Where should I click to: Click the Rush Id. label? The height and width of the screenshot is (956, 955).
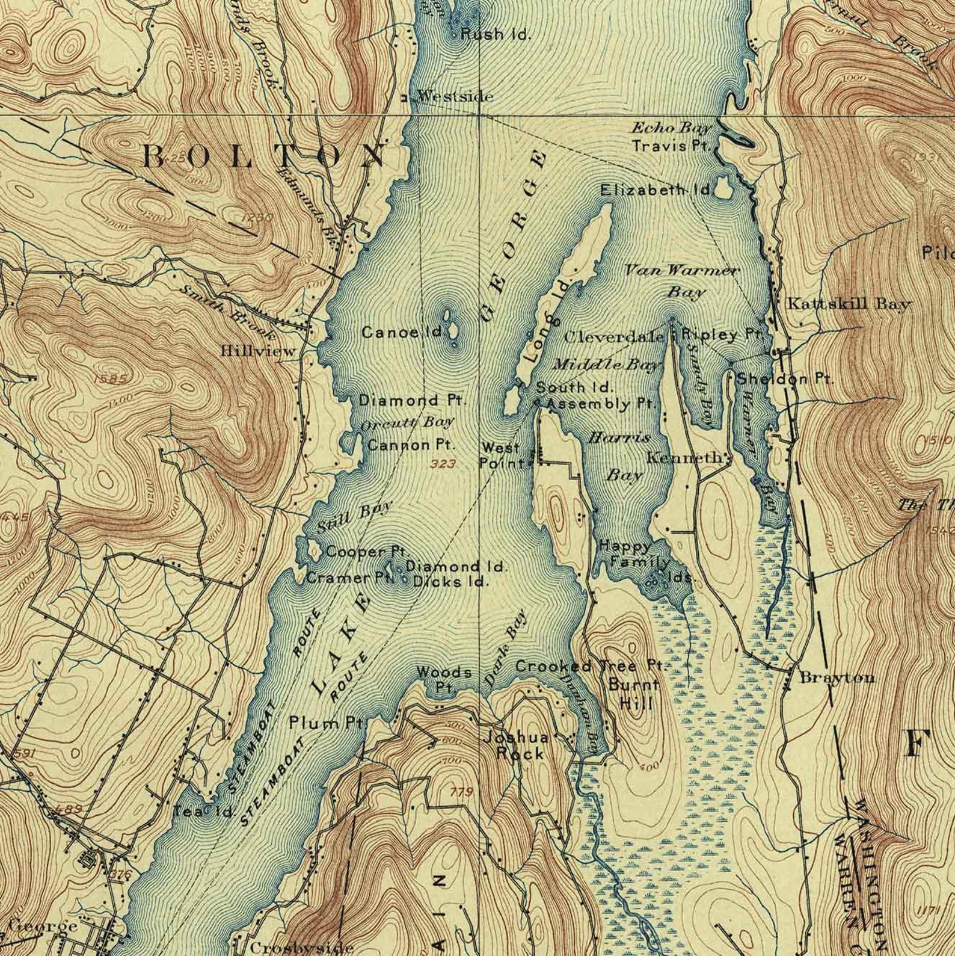point(496,35)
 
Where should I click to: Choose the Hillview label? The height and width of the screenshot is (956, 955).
point(258,351)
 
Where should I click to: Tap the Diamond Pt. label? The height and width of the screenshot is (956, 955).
point(413,400)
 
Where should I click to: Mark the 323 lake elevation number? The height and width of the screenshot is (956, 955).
point(443,464)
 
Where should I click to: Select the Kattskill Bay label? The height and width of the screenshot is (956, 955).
point(849,304)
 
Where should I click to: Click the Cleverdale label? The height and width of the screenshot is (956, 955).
point(614,337)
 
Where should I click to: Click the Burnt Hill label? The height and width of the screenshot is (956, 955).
point(634,693)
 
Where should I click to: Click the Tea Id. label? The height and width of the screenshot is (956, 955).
point(203,812)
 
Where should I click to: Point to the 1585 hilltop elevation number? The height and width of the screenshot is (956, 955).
point(111,379)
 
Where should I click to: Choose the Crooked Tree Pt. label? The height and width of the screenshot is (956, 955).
point(591,667)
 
